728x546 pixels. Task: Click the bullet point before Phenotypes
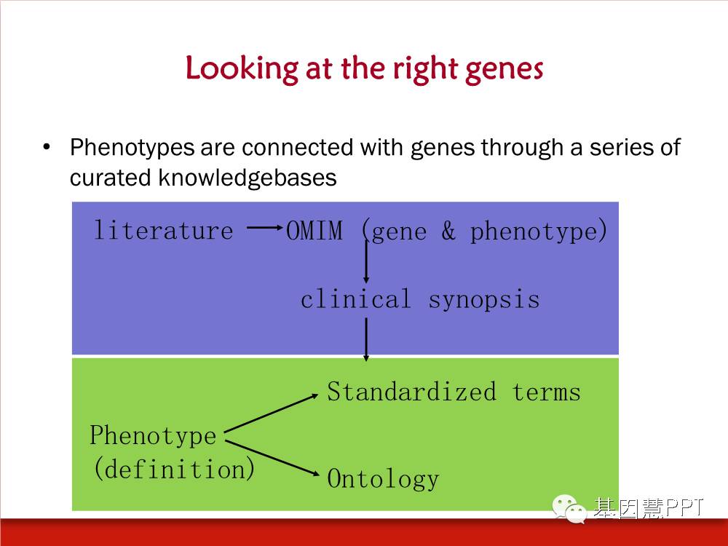(x=46, y=147)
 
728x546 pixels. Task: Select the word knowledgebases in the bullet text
(x=247, y=178)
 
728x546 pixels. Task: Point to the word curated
(x=110, y=178)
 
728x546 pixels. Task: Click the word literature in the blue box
(x=163, y=230)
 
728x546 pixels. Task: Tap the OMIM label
(x=314, y=230)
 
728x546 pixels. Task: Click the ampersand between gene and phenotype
(x=448, y=230)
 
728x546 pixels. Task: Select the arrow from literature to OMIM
(x=265, y=227)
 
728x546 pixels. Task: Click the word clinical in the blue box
(x=356, y=299)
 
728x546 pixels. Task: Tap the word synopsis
(x=484, y=301)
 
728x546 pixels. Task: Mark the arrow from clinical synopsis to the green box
(x=366, y=339)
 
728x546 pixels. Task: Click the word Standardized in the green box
(x=412, y=392)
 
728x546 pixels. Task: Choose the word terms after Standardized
(x=547, y=392)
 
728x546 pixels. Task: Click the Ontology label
(x=383, y=479)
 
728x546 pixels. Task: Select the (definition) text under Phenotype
(x=174, y=468)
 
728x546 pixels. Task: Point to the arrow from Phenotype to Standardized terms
(x=271, y=414)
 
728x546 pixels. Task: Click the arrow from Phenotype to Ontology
(x=272, y=458)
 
